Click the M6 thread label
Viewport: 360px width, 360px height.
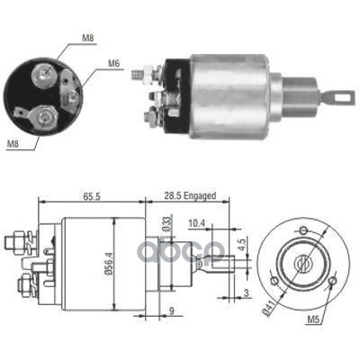[114, 63]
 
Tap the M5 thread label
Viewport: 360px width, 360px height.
[313, 319]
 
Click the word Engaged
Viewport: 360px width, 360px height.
[200, 196]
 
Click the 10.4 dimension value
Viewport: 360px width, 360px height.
[196, 223]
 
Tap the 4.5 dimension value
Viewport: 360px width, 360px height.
[243, 245]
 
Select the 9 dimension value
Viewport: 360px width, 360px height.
[172, 310]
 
